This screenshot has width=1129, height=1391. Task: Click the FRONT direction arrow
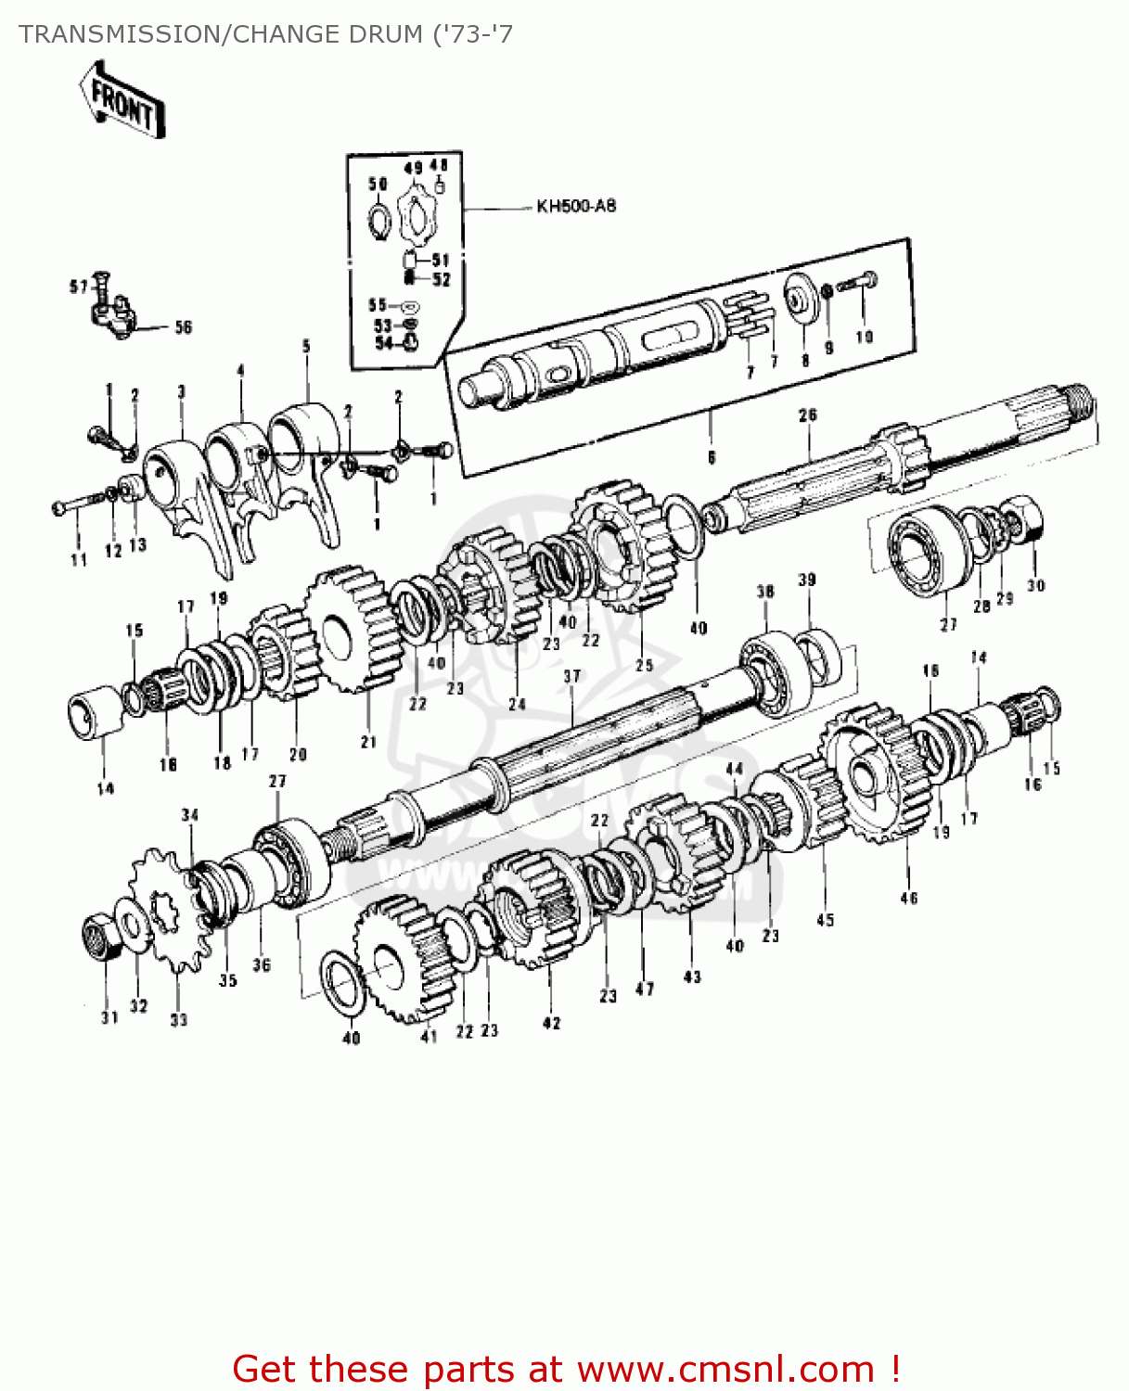tap(122, 100)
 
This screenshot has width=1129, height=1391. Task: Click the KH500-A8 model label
tap(575, 206)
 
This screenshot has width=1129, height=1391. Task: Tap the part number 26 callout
tap(807, 415)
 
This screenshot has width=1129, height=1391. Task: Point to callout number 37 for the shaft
tap(571, 676)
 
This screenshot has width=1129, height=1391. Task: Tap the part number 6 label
tap(712, 457)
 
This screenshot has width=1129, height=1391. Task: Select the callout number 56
tap(184, 327)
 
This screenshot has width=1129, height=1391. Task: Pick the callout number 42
tap(551, 1023)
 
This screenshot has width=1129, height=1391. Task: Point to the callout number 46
tap(908, 897)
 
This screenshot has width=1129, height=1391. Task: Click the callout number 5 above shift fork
tap(306, 347)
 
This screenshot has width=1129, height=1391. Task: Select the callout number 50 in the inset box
tap(378, 184)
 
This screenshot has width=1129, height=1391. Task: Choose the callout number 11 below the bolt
tap(78, 559)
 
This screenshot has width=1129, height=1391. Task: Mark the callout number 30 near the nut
tap(1035, 585)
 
